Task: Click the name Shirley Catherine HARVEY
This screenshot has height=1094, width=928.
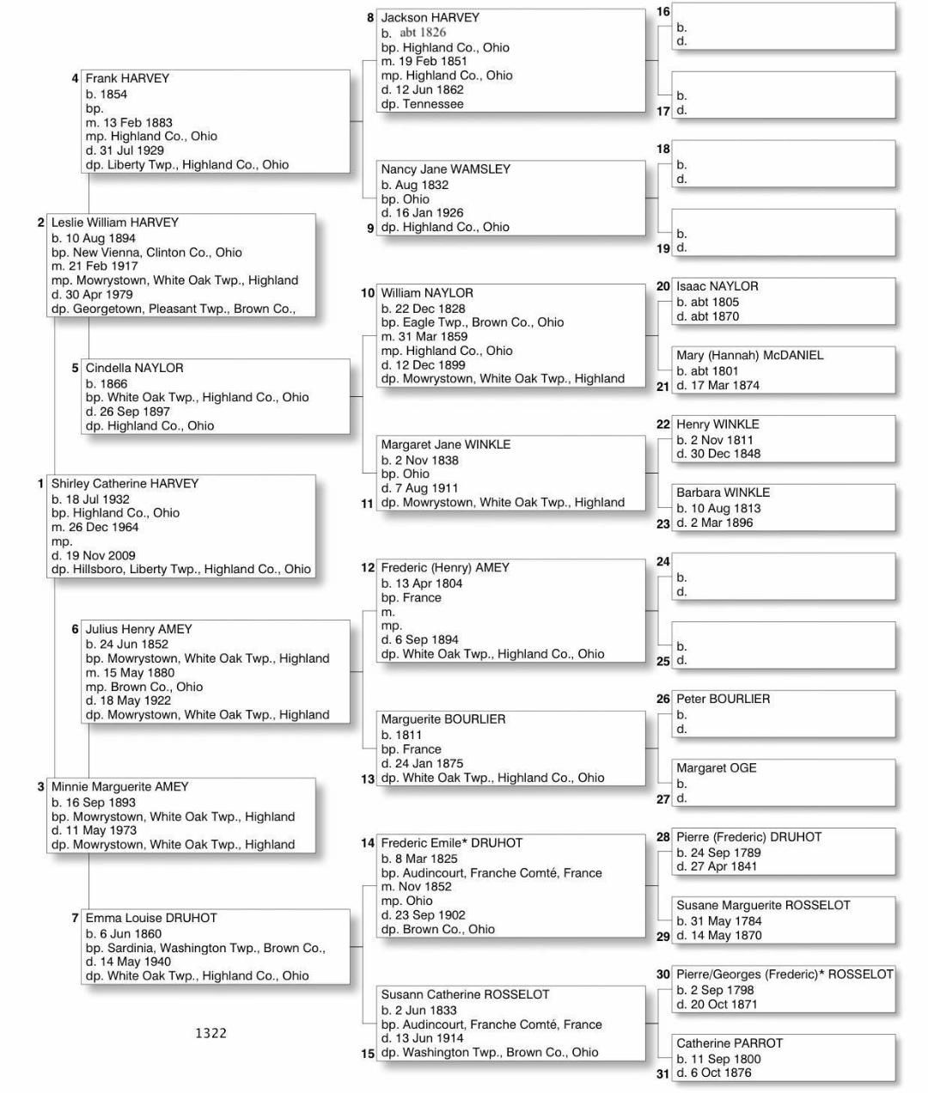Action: tap(125, 484)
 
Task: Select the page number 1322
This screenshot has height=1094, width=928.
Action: tap(211, 1033)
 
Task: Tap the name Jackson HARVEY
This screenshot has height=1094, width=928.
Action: tap(430, 17)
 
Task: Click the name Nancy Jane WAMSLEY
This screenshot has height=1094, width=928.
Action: tap(445, 169)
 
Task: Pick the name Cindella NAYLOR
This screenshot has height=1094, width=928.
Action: tap(134, 368)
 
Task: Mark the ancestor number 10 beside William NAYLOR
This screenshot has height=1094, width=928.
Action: tap(368, 293)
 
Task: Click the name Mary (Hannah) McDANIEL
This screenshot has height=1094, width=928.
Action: tap(749, 355)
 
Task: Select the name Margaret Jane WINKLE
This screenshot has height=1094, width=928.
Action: tap(445, 444)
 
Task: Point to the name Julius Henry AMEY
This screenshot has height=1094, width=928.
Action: tap(138, 629)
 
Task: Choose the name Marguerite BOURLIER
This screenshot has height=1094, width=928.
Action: tap(443, 719)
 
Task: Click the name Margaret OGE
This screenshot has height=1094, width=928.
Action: tap(716, 768)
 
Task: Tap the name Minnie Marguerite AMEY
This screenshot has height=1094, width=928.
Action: tap(119, 786)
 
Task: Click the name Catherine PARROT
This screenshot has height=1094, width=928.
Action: tap(729, 1043)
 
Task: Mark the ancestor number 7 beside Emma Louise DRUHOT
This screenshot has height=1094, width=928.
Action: tap(76, 918)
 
